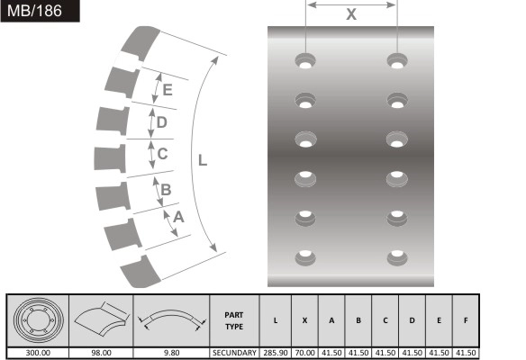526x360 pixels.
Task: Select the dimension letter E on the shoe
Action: [168, 89]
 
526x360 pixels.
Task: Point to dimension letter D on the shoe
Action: [162, 121]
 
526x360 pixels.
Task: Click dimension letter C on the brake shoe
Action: [162, 154]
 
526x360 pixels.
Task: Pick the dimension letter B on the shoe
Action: [166, 188]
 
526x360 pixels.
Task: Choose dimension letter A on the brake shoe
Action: [178, 217]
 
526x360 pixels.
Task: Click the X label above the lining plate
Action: [351, 15]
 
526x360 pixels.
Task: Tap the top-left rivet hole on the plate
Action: [305, 62]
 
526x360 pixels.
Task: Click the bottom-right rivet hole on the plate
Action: [397, 258]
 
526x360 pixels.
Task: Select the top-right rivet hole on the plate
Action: [397, 62]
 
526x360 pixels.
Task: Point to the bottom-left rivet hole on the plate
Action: [305, 258]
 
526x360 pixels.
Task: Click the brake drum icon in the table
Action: [37, 320]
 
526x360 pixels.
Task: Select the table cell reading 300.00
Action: [37, 353]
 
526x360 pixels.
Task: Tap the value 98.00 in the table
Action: [101, 353]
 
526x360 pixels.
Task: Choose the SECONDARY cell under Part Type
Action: [234, 353]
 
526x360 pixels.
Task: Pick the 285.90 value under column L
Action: [275, 353]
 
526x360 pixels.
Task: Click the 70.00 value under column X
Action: [305, 353]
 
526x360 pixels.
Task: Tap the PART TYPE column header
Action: [234, 320]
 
